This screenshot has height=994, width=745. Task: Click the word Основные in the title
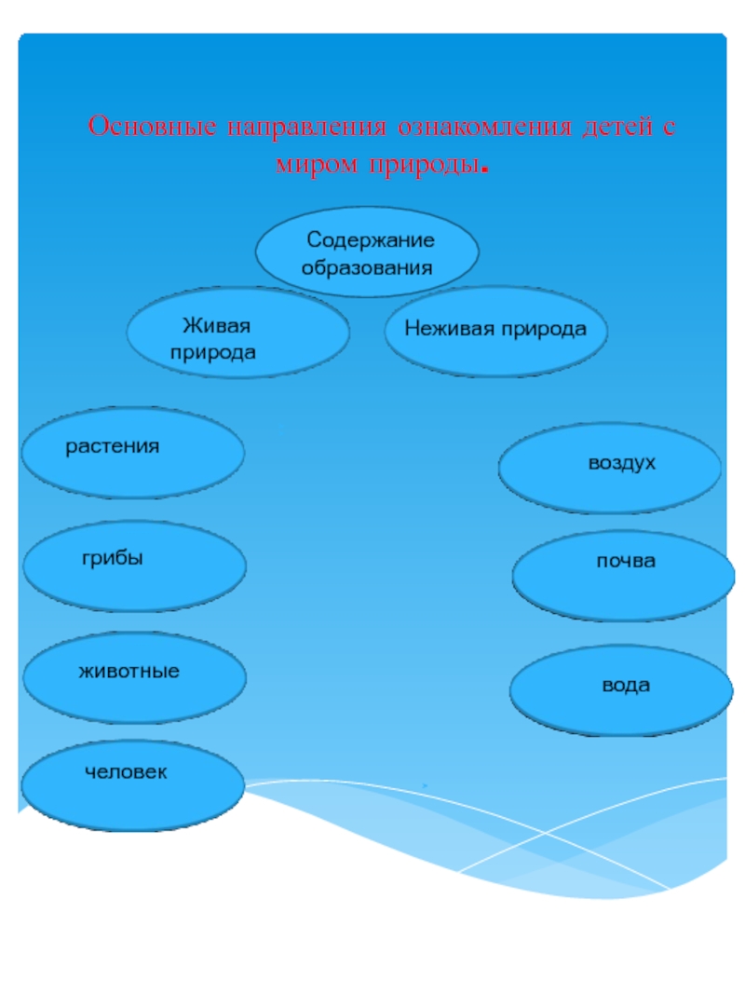[x=149, y=128]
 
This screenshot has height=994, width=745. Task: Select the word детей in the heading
[x=616, y=128]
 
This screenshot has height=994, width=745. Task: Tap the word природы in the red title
[x=427, y=166]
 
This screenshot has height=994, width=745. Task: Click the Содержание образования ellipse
[x=368, y=252]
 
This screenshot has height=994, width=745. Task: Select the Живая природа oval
[x=237, y=332]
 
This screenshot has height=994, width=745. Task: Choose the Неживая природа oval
[x=495, y=331]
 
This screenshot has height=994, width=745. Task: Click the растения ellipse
[x=133, y=453]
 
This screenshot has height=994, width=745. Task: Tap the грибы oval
[x=134, y=565]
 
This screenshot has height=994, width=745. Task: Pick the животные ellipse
[x=135, y=676]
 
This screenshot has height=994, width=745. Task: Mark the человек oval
[x=133, y=785]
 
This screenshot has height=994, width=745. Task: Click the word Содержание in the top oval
[x=371, y=240]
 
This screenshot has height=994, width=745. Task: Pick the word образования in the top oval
[x=368, y=267]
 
